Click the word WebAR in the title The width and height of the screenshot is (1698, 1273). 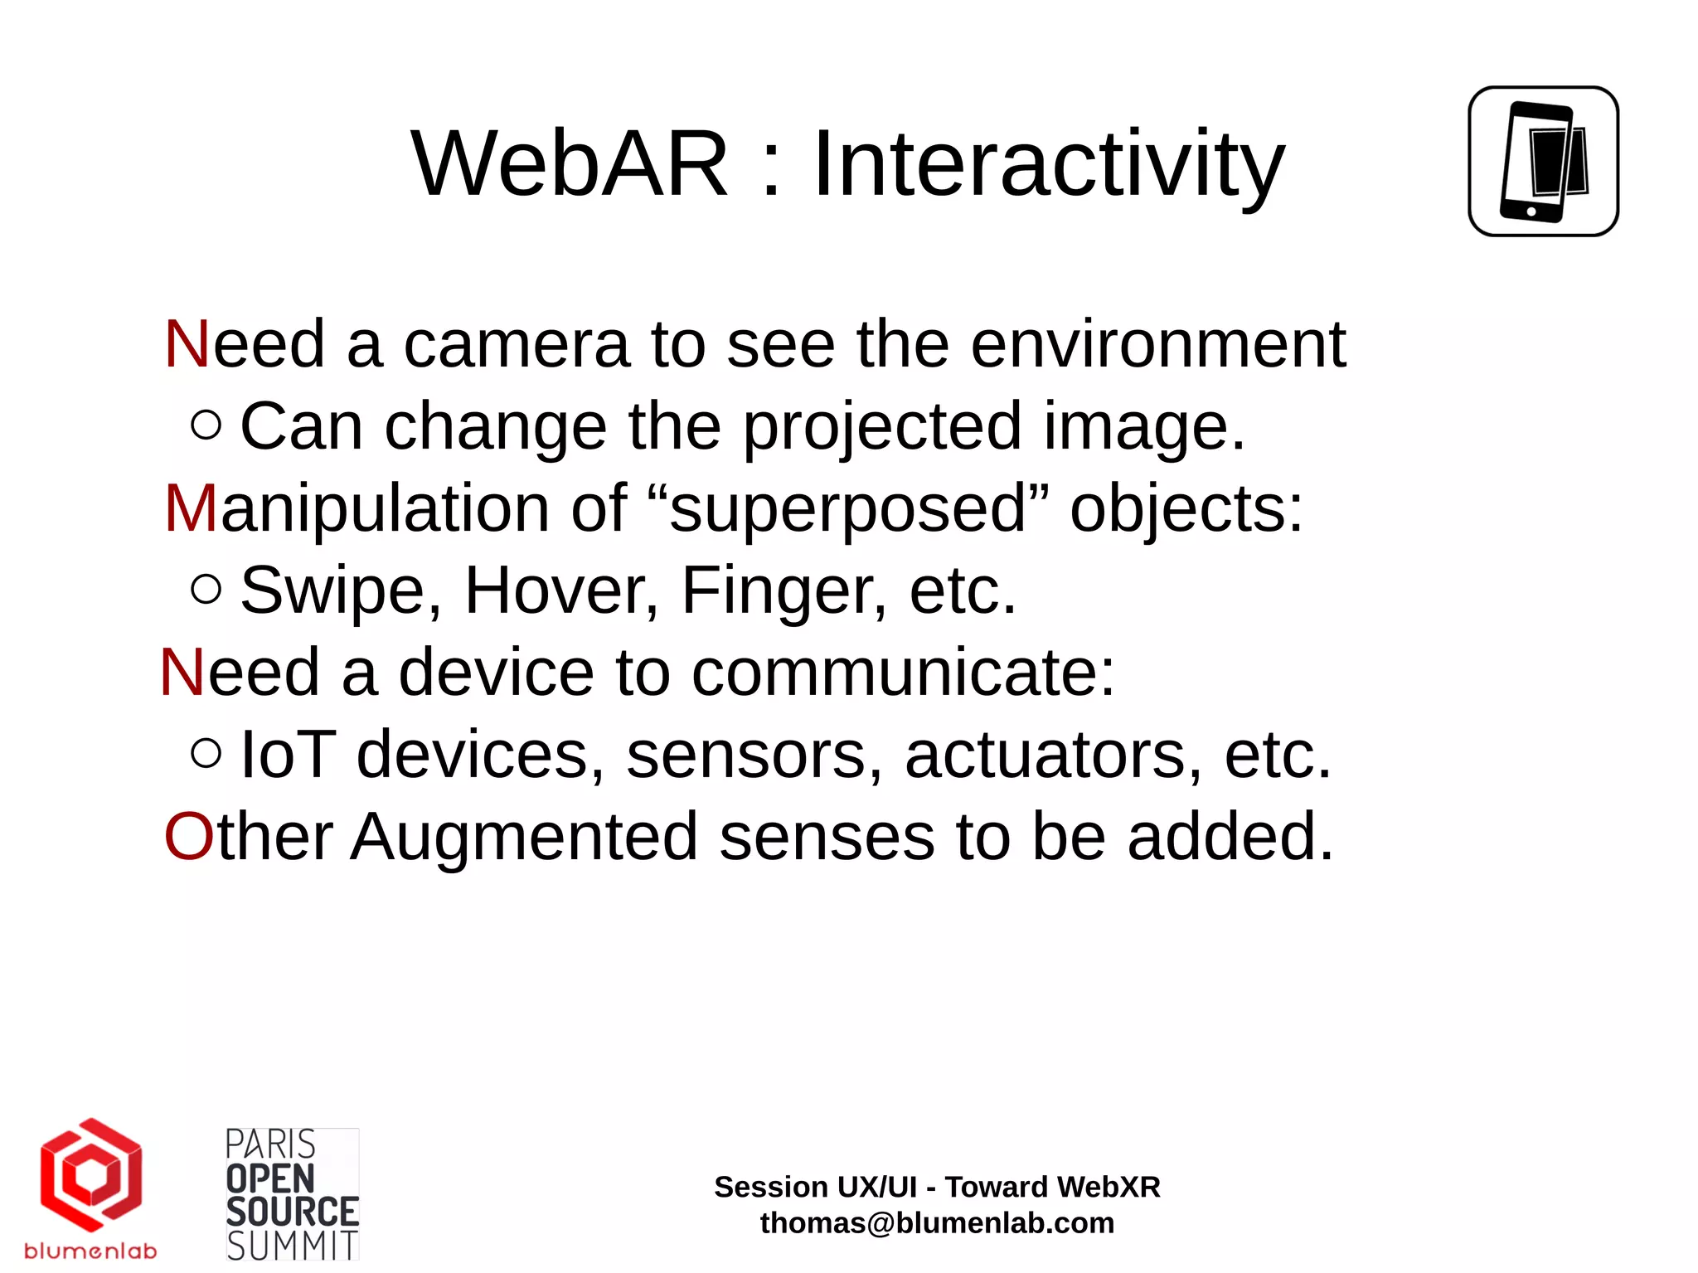pyautogui.click(x=570, y=164)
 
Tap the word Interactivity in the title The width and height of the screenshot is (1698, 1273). pyautogui.click(x=1048, y=164)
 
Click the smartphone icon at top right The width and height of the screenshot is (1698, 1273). pyautogui.click(x=1543, y=162)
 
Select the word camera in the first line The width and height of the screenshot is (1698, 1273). pyautogui.click(x=516, y=345)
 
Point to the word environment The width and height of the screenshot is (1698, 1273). pyautogui.click(x=1157, y=345)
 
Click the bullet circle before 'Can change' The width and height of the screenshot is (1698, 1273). pyautogui.click(x=206, y=425)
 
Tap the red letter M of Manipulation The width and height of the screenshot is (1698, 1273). pyautogui.click(x=191, y=508)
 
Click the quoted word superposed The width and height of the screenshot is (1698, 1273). pyautogui.click(x=847, y=508)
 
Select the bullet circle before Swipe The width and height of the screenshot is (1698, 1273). pyautogui.click(x=206, y=589)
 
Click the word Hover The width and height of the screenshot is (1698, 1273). pyautogui.click(x=561, y=590)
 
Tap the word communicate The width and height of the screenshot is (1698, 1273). pyautogui.click(x=902, y=673)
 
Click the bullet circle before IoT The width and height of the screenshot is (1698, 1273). pyautogui.click(x=206, y=753)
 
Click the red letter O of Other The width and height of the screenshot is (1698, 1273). pyautogui.click(x=189, y=837)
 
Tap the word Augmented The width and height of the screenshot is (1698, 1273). pyautogui.click(x=524, y=837)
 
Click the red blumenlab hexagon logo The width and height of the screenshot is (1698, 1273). pyautogui.click(x=91, y=1174)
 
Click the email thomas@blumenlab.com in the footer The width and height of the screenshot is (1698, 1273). pyautogui.click(x=937, y=1223)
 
